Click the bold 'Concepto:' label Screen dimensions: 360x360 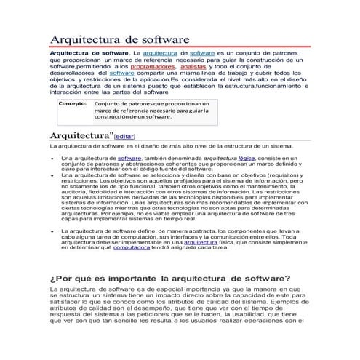click(x=73, y=104)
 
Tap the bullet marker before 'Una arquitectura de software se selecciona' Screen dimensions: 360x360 click(x=52, y=175)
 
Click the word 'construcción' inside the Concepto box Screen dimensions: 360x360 click(x=116, y=116)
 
